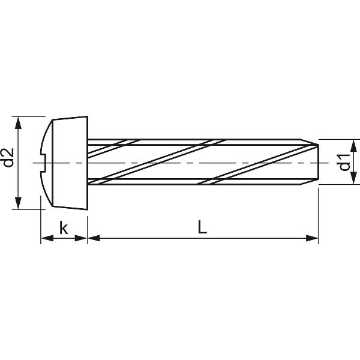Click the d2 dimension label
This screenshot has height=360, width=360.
tap(9, 157)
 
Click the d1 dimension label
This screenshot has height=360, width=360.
tap(345, 162)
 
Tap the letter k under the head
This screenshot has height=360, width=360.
tap(64, 227)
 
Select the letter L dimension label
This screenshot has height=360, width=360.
tap(202, 227)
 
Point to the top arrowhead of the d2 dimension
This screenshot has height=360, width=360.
tap(18, 123)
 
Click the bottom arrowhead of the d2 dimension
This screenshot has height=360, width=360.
tap(18, 203)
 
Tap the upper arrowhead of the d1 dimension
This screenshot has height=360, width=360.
tap(354, 146)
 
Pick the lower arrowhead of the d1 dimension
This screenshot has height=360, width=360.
tap(354, 178)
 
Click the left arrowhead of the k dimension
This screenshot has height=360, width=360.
tap(47, 238)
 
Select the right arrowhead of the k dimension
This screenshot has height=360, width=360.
tap(81, 238)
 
